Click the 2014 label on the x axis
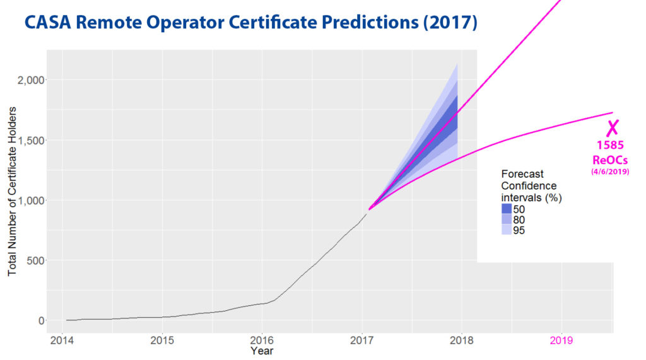point(62,340)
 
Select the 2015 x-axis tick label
point(162,340)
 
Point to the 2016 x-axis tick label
point(262,340)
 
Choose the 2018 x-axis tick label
point(461,340)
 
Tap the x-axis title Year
point(262,351)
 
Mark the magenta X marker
point(612,127)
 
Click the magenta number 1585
point(610,146)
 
